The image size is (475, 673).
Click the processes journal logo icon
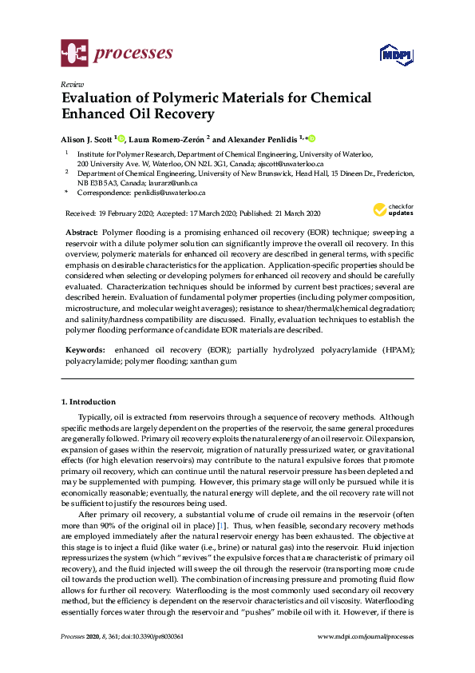tap(74, 54)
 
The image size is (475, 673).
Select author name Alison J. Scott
tap(87, 137)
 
